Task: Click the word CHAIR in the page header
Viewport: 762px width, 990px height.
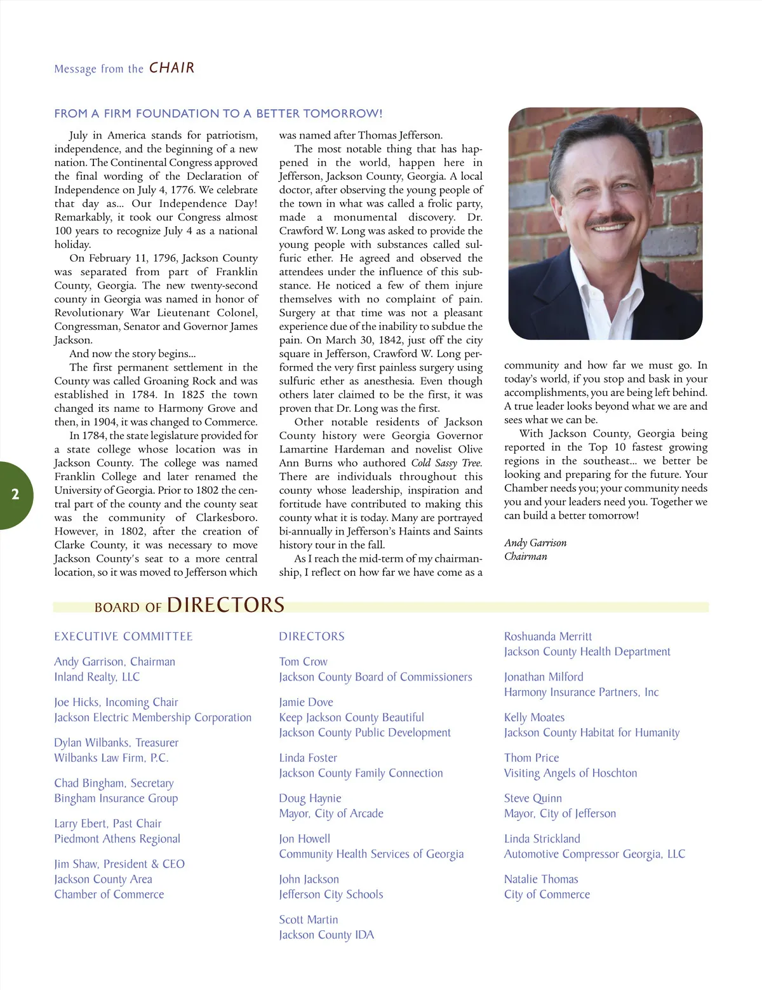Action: coord(171,68)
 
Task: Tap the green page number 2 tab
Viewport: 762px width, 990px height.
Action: coord(15,495)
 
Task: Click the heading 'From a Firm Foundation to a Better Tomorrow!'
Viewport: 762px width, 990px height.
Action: coord(218,114)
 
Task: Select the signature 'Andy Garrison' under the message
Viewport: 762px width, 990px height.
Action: coord(535,543)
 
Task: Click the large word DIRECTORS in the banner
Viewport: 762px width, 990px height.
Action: coord(225,605)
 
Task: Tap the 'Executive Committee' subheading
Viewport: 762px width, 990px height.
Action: coord(123,636)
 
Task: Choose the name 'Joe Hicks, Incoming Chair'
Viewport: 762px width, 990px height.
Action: coord(116,702)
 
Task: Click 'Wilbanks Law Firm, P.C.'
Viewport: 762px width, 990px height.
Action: coord(111,757)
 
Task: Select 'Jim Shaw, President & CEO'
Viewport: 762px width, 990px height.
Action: coord(119,864)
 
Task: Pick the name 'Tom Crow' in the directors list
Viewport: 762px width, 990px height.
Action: coord(304,661)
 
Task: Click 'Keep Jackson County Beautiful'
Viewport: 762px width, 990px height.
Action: coord(352,717)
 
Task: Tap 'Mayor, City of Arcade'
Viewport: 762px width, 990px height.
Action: coord(331,813)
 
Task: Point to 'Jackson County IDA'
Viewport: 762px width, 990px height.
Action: coord(326,935)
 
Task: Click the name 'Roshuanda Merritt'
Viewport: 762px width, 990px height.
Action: coord(548,636)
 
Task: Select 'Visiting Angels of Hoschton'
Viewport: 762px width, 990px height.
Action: coord(570,773)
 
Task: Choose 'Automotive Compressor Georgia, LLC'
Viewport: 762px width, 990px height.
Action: coord(594,854)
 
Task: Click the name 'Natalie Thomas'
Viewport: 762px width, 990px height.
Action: coord(541,879)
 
